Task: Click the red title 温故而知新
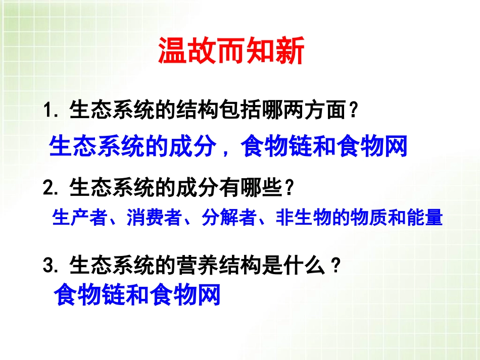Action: click(231, 52)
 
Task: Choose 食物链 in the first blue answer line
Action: click(277, 146)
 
